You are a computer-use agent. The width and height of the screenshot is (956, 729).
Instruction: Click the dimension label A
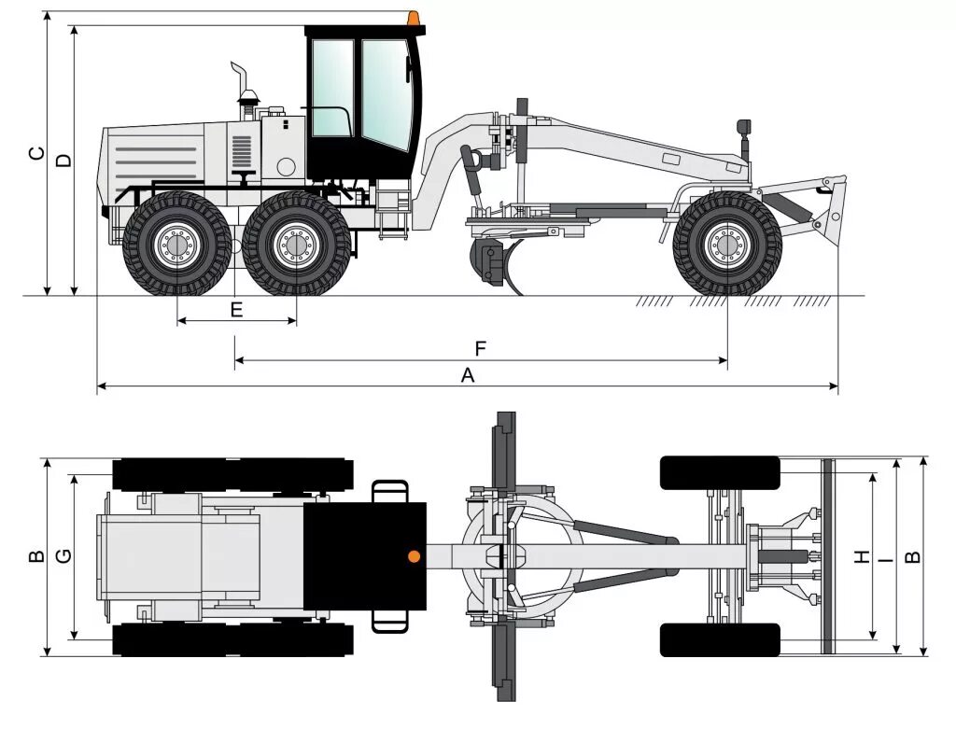(x=468, y=375)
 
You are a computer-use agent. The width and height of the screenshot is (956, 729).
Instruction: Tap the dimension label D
(x=63, y=161)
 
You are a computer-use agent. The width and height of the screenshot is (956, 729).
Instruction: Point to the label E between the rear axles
(x=236, y=309)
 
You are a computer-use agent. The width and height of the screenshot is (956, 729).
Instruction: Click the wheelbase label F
(x=480, y=349)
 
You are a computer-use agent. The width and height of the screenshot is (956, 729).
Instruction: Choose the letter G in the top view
(x=63, y=556)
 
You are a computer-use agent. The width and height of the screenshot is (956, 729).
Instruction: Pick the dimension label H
(x=862, y=556)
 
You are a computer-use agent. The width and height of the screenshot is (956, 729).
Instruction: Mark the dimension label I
(x=885, y=556)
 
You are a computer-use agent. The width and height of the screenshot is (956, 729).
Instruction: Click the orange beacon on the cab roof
(x=413, y=18)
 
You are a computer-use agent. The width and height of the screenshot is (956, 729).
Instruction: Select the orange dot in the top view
(x=414, y=556)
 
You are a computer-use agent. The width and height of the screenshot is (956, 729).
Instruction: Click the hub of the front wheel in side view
(x=726, y=245)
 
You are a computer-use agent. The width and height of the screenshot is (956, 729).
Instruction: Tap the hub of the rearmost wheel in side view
(x=176, y=245)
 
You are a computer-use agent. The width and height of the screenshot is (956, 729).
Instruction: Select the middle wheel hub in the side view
(x=296, y=245)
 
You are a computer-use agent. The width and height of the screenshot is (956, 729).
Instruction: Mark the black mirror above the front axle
(x=744, y=126)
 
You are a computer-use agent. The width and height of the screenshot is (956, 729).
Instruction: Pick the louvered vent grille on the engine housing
(x=242, y=150)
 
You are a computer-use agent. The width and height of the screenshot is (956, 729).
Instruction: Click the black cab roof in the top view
(x=364, y=556)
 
